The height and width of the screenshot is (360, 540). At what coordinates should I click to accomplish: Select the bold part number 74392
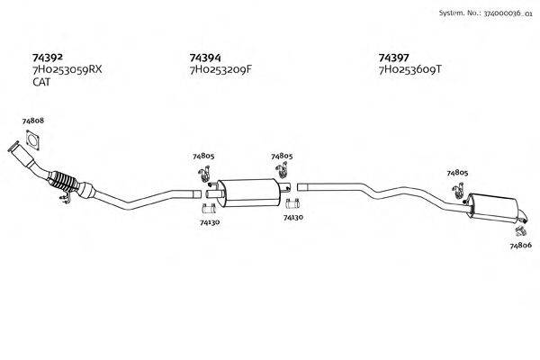[47, 55]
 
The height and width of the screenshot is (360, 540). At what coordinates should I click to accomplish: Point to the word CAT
[41, 82]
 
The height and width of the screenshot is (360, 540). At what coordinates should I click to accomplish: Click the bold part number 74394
[205, 55]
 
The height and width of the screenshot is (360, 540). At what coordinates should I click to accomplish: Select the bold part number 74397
[394, 55]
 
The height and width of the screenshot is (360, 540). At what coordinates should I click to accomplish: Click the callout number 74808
[32, 120]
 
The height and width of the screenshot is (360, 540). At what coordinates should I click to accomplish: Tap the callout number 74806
[520, 245]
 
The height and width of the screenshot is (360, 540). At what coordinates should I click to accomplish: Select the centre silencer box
[252, 191]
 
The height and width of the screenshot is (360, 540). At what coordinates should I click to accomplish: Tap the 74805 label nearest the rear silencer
[457, 172]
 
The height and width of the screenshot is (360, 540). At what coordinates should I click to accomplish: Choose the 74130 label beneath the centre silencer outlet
[292, 217]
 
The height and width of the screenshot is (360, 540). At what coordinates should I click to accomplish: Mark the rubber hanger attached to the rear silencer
[458, 190]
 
